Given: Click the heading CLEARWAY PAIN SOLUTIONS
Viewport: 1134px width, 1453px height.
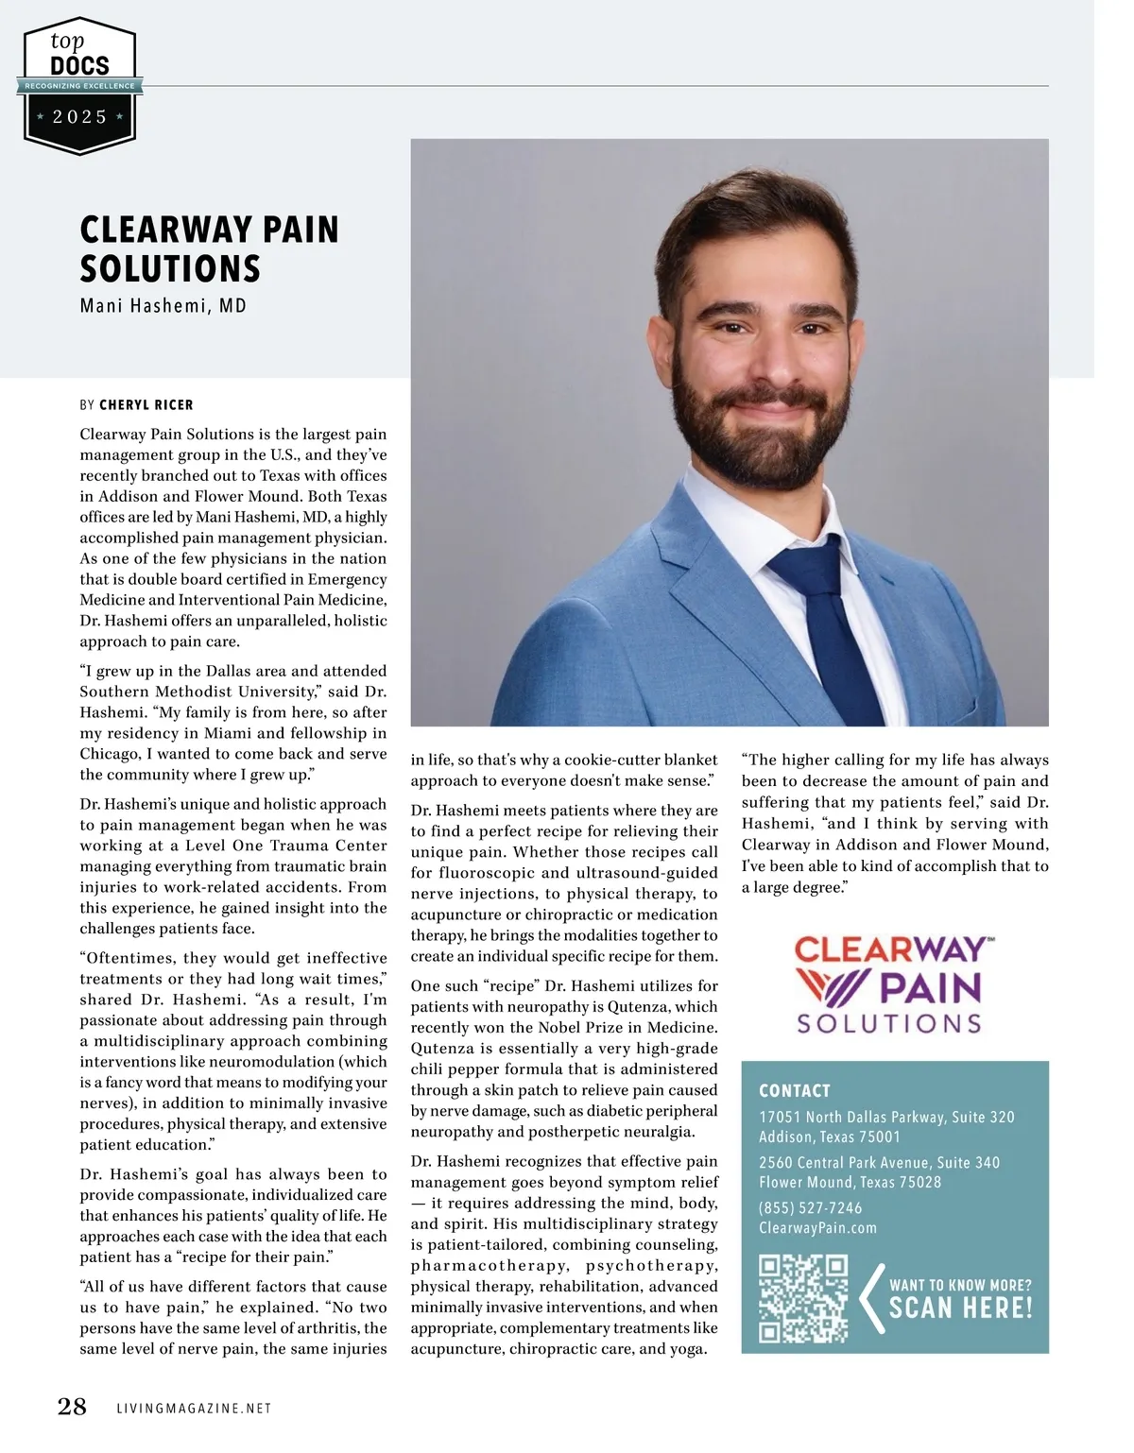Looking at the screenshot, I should [x=209, y=249].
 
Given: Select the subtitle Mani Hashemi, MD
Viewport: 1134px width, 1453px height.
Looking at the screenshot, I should [x=163, y=306].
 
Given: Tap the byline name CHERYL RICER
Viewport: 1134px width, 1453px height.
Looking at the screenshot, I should [x=146, y=405].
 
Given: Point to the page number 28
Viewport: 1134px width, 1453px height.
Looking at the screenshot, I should [x=72, y=1408].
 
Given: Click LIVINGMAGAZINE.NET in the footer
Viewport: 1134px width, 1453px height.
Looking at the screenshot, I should [x=194, y=1409].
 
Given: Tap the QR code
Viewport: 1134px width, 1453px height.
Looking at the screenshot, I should [x=804, y=1298].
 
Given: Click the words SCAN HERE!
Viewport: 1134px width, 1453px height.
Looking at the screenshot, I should [x=960, y=1308].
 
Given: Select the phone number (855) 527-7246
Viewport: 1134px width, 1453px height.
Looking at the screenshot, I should [x=810, y=1207].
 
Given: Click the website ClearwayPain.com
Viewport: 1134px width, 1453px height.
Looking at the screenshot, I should [x=817, y=1228].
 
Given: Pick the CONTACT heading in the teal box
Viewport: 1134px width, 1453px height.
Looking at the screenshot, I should [x=795, y=1090].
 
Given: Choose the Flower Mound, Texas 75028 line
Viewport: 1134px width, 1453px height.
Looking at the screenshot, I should [x=850, y=1182].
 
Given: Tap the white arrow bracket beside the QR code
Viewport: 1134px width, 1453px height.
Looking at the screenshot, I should [x=871, y=1298].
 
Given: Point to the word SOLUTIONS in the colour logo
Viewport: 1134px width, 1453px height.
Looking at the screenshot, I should [x=888, y=1024].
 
